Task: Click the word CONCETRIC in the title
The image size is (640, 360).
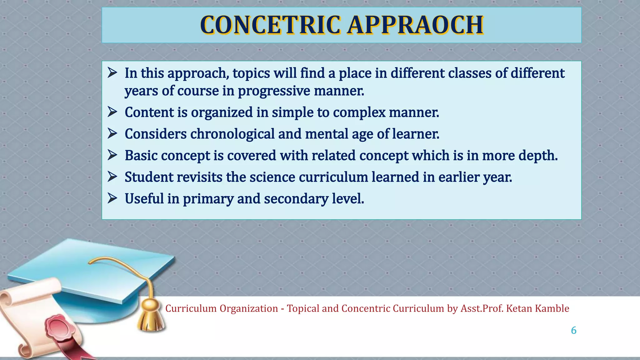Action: pyautogui.click(x=270, y=25)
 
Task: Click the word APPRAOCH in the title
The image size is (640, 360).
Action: pyautogui.click(x=416, y=25)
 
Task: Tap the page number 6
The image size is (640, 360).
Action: pyautogui.click(x=573, y=330)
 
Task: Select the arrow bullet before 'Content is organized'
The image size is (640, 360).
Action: pyautogui.click(x=112, y=112)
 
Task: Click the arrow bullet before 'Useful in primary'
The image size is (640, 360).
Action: pyautogui.click(x=112, y=198)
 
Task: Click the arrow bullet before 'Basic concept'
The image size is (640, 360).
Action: pyautogui.click(x=112, y=155)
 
